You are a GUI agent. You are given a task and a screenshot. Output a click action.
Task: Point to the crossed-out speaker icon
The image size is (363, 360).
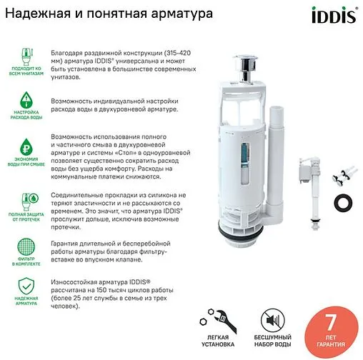coord(269,318)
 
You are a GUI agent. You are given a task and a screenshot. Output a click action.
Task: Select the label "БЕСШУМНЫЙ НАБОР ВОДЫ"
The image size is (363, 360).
coord(269,340)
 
